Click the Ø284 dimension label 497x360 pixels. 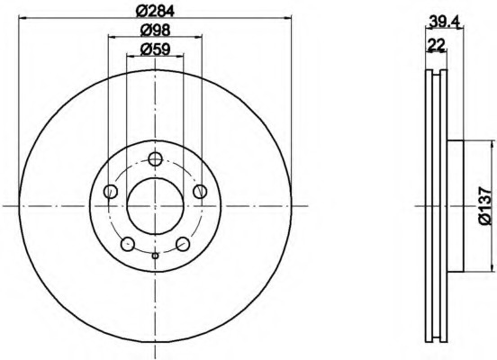(155, 12)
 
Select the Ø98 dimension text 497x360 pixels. (155, 31)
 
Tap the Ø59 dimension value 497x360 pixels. (155, 49)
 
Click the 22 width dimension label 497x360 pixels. (437, 44)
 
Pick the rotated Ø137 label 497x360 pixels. (486, 206)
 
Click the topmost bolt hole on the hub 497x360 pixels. (155, 158)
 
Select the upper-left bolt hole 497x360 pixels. (111, 192)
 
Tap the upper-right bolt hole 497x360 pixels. (200, 192)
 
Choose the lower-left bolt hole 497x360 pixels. (128, 244)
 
